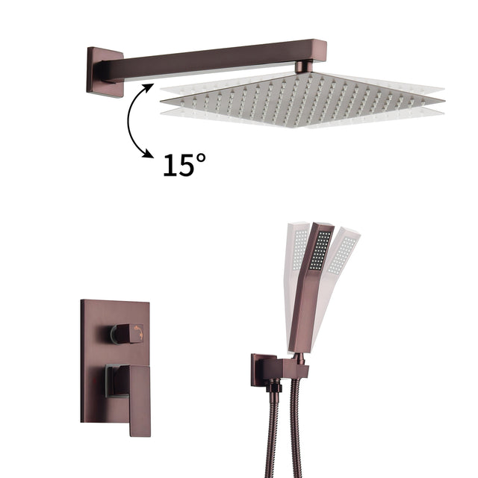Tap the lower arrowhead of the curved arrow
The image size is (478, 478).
(x=150, y=155)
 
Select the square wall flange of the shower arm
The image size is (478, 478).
(x=105, y=72)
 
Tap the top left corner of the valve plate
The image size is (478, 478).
(x=84, y=302)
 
